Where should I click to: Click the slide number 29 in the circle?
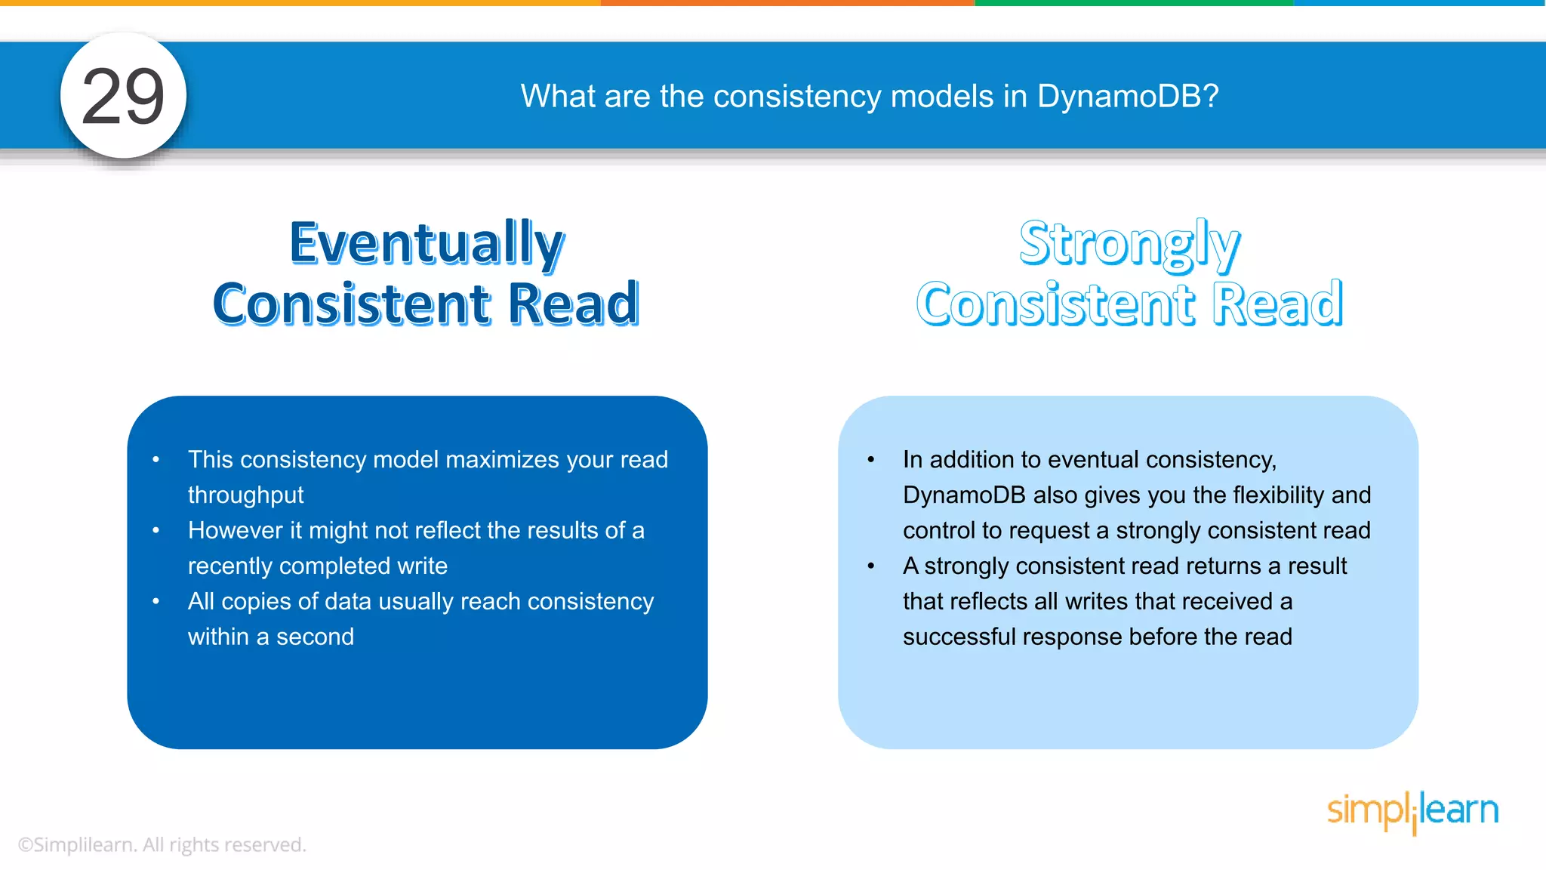(123, 97)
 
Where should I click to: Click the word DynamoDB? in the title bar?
(1128, 97)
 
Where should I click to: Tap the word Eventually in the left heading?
(427, 243)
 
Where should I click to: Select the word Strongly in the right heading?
(1129, 243)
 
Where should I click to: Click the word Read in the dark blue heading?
(574, 304)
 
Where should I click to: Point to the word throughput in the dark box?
(245, 495)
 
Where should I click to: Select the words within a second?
(270, 637)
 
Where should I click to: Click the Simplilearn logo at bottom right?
(1412, 811)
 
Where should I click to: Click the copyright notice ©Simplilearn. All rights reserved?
(162, 845)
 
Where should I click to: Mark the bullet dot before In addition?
(871, 460)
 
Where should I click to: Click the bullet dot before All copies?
(156, 602)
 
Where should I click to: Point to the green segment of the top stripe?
(1132, 3)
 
